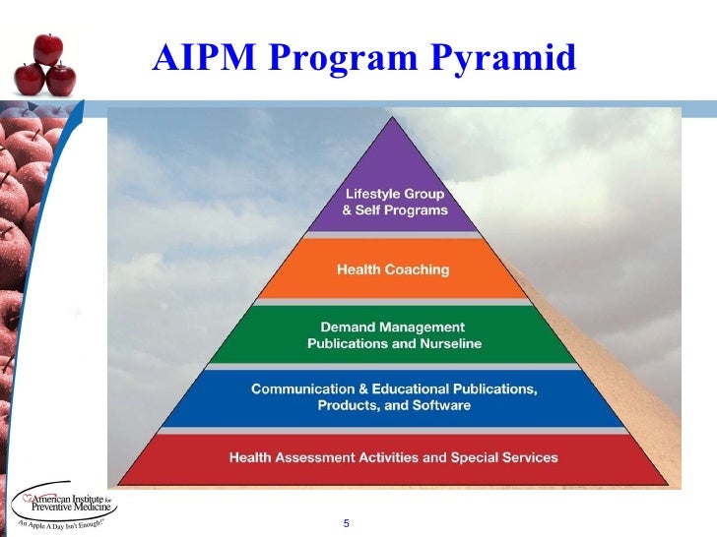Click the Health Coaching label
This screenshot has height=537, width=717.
[393, 269]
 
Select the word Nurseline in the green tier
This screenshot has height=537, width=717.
[447, 344]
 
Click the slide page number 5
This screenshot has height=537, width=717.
[347, 521]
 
